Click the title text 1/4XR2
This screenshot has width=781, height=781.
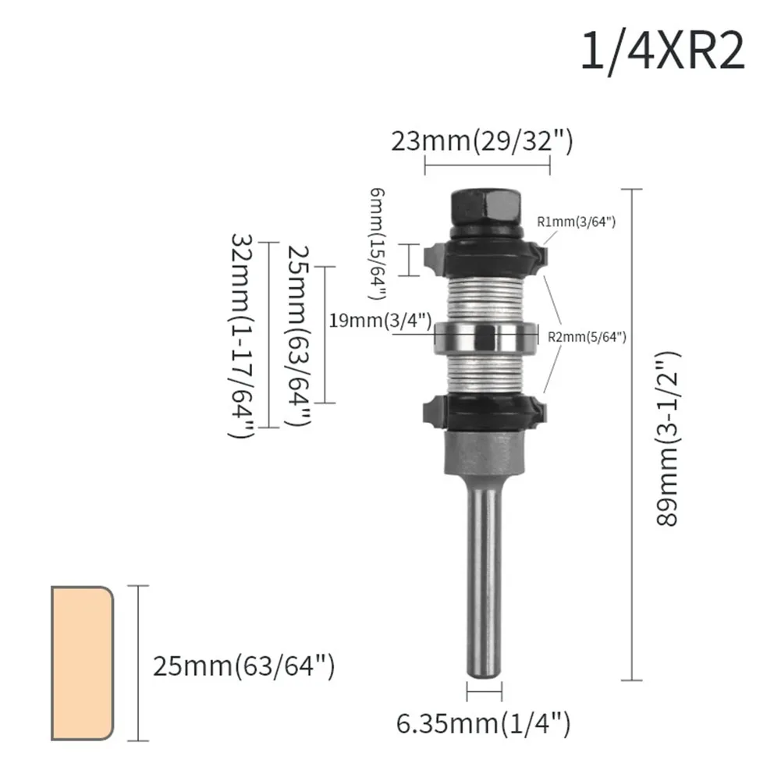(x=662, y=51)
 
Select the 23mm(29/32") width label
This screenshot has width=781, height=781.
(x=482, y=141)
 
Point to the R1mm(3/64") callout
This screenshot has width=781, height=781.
(x=577, y=222)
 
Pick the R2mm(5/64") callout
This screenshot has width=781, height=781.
(x=587, y=337)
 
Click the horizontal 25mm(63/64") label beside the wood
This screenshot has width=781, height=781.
(x=243, y=667)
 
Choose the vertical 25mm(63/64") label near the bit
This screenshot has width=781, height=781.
(x=299, y=334)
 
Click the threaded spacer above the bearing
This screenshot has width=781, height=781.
(x=483, y=296)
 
